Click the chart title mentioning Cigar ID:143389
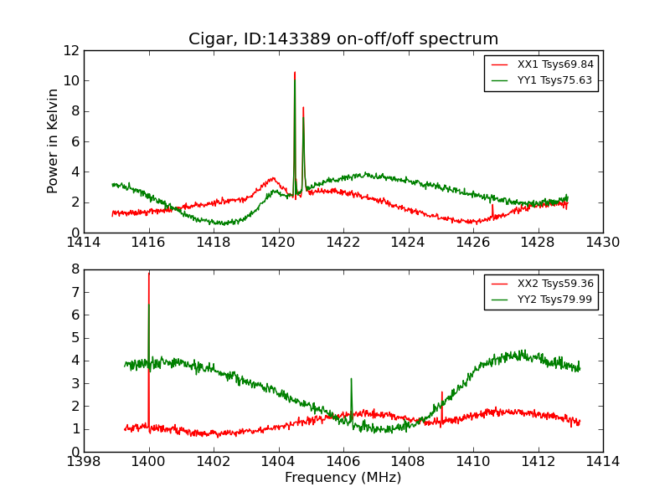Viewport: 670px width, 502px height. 343,39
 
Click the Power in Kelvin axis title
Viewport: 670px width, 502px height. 54,141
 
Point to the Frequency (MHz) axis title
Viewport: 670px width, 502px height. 343,478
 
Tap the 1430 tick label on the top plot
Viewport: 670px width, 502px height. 602,243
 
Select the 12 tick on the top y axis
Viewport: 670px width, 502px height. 70,50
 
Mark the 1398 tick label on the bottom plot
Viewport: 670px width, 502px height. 84,462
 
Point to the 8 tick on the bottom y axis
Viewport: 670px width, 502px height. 74,269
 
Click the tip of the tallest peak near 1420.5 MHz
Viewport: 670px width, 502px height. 295,72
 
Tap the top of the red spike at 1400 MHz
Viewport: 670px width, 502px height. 149,273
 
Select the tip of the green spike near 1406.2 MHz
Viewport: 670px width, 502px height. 351,379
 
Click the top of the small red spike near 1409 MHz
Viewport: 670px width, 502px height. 442,392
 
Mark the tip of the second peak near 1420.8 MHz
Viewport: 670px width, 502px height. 303,107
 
